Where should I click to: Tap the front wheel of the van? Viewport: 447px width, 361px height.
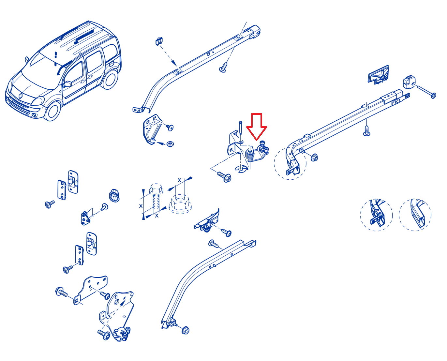pyautogui.click(x=52, y=111)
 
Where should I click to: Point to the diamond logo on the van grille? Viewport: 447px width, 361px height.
pyautogui.click(x=21, y=96)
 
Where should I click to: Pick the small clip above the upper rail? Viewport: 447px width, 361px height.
pyautogui.click(x=159, y=41)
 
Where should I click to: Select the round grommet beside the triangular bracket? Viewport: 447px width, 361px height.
pyautogui.click(x=170, y=144)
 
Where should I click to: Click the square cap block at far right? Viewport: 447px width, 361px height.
pyautogui.click(x=409, y=82)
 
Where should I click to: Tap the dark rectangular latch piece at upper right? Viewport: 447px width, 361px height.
pyautogui.click(x=378, y=75)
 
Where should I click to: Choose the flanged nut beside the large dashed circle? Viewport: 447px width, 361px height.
pyautogui.click(x=314, y=158)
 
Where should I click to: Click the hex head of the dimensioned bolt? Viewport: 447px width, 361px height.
pyautogui.click(x=156, y=188)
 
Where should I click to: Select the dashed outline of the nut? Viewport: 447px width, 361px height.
pyautogui.click(x=180, y=204)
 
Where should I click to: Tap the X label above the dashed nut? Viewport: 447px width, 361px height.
pyautogui.click(x=179, y=180)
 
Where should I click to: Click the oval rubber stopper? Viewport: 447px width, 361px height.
pyautogui.click(x=114, y=196)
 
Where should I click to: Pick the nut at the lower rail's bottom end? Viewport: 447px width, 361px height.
pyautogui.click(x=186, y=330)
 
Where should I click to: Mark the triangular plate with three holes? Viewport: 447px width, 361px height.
pyautogui.click(x=85, y=218)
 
